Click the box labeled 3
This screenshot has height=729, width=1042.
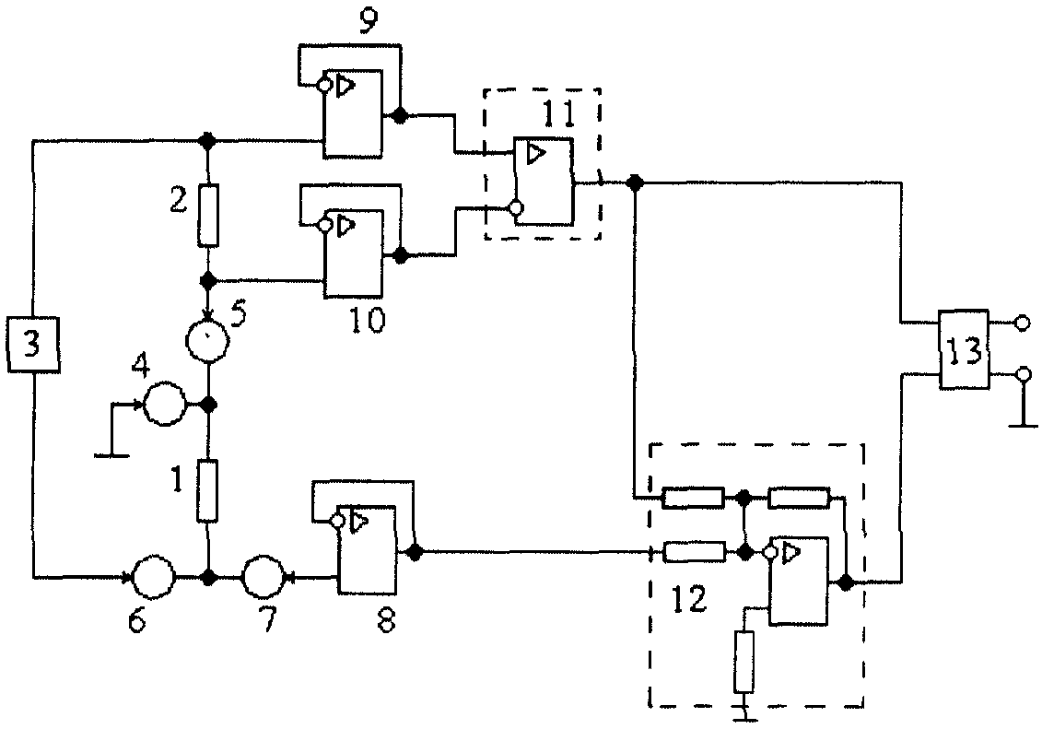pos(33,345)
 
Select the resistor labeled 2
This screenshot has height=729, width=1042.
pos(208,216)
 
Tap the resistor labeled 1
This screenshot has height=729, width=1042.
pos(208,490)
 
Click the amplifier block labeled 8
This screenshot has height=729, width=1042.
pos(368,549)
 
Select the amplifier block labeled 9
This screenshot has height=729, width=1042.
pos(353,113)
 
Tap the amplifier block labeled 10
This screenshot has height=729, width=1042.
pos(354,253)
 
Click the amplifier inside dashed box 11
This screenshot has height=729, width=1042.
pos(544,182)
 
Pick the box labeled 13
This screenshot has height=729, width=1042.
pos(964,349)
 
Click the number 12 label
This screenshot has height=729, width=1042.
pos(688,600)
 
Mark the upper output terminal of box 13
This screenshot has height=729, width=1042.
pos(1023,323)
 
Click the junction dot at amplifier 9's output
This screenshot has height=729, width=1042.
pos(400,116)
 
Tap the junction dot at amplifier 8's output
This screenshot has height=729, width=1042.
pos(414,551)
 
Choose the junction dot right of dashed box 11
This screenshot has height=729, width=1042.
pos(636,182)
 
